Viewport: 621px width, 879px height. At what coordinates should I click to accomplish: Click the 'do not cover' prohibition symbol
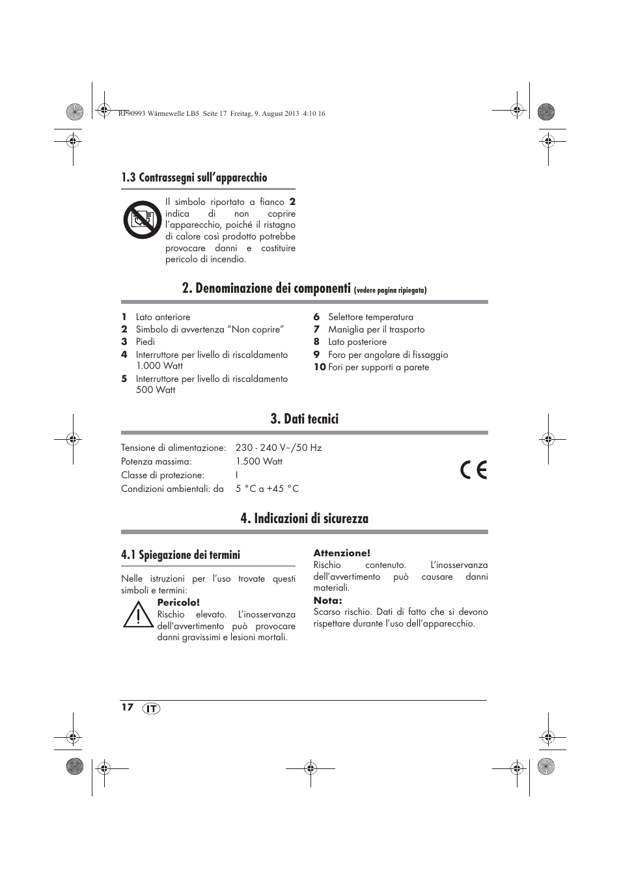click(143, 220)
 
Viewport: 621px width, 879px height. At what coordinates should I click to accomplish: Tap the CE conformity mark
click(473, 470)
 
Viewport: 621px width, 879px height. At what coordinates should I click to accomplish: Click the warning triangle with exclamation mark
click(137, 615)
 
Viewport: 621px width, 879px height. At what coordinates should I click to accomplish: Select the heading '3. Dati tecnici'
click(304, 419)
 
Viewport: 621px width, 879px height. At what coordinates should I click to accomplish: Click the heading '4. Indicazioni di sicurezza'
click(304, 519)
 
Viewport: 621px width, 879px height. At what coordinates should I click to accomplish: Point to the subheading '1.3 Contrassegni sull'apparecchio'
click(194, 178)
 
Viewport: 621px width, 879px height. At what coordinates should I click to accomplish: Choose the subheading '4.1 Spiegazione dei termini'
click(180, 555)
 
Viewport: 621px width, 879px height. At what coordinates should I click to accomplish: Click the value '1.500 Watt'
click(259, 461)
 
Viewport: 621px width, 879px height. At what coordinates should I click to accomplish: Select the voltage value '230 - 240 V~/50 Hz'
click(279, 448)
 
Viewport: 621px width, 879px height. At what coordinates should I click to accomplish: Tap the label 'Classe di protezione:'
click(163, 475)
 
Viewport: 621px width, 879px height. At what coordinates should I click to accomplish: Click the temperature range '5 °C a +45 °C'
click(267, 489)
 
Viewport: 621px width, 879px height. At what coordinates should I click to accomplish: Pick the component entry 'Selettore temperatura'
click(370, 317)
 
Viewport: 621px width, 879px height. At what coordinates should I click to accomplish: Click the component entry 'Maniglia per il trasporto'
click(376, 329)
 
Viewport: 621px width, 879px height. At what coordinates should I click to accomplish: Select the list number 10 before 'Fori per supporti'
click(319, 367)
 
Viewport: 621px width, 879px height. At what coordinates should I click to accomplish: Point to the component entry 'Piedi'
click(145, 342)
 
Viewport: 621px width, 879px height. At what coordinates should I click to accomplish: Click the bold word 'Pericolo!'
click(178, 602)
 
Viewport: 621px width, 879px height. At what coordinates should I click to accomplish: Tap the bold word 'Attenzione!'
click(342, 553)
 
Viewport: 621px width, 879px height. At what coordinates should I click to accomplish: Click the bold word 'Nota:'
click(327, 601)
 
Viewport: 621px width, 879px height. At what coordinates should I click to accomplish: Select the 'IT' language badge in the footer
click(151, 709)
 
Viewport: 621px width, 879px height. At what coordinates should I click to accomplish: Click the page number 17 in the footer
click(127, 707)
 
